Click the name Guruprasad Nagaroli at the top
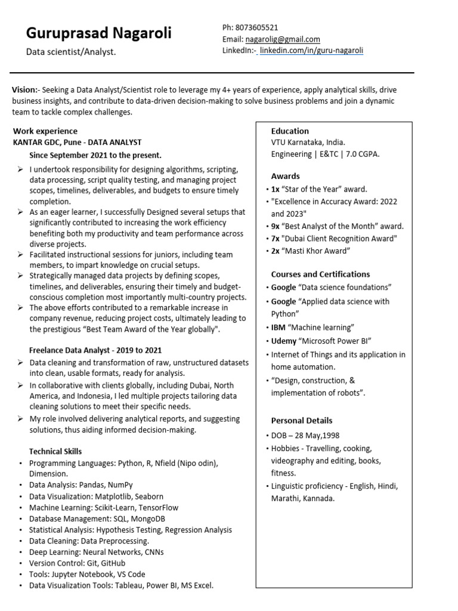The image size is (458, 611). pos(98,33)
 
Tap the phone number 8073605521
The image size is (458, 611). pos(258,27)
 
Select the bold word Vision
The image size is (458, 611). pos(24,90)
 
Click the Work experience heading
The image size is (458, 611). pos(45,131)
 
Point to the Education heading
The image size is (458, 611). pos(290,131)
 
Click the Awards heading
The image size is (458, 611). pos(285,176)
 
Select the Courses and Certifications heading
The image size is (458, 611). pos(320,274)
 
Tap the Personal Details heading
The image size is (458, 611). pos(302,421)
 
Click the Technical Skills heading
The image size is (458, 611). pos(55,452)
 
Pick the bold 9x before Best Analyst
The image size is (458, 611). pos(276,226)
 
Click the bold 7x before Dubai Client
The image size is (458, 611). pos(276,239)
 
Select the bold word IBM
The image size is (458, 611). pos(278,328)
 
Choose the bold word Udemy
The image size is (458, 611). pos(283,341)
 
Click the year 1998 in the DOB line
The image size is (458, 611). pos(330,436)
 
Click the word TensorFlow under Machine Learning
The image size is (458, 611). pos(158,507)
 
